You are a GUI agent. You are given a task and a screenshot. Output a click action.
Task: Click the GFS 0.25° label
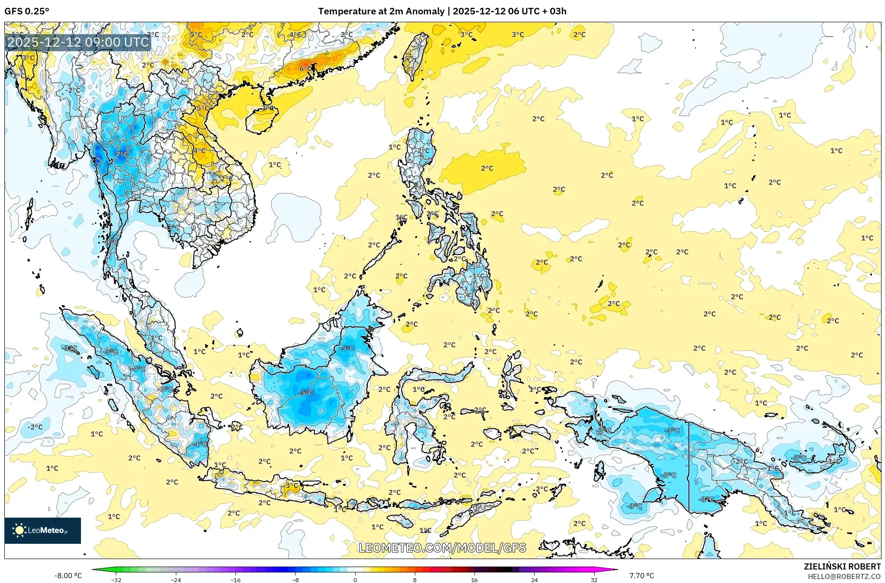[x=27, y=11]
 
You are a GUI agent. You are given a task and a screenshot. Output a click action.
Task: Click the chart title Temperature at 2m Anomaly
[x=381, y=11]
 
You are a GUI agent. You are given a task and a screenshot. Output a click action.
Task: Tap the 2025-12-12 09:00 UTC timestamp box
[x=78, y=42]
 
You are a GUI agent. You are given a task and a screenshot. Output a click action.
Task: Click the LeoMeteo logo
[x=42, y=530]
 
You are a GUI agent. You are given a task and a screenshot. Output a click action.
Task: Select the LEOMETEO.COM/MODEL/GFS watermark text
[x=442, y=548]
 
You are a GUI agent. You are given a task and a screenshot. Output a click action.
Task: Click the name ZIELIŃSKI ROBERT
[x=842, y=566]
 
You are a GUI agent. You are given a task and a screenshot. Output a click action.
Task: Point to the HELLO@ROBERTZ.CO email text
[x=844, y=576]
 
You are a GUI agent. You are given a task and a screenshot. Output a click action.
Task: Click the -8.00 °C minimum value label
[x=68, y=576]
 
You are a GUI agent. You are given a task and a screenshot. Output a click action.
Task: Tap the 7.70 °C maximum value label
[x=641, y=576]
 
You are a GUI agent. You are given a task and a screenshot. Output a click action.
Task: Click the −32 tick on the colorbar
[x=116, y=580]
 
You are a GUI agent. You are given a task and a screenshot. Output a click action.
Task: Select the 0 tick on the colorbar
[x=355, y=580]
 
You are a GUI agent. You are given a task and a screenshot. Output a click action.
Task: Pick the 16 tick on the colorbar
[x=474, y=580]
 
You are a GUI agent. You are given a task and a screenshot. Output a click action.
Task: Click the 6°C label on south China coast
[x=306, y=68]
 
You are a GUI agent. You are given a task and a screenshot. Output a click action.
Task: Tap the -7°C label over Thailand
[x=122, y=154]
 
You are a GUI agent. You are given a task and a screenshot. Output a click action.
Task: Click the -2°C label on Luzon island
[x=423, y=150]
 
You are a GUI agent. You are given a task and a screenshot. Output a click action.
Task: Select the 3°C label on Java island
[x=292, y=485]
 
